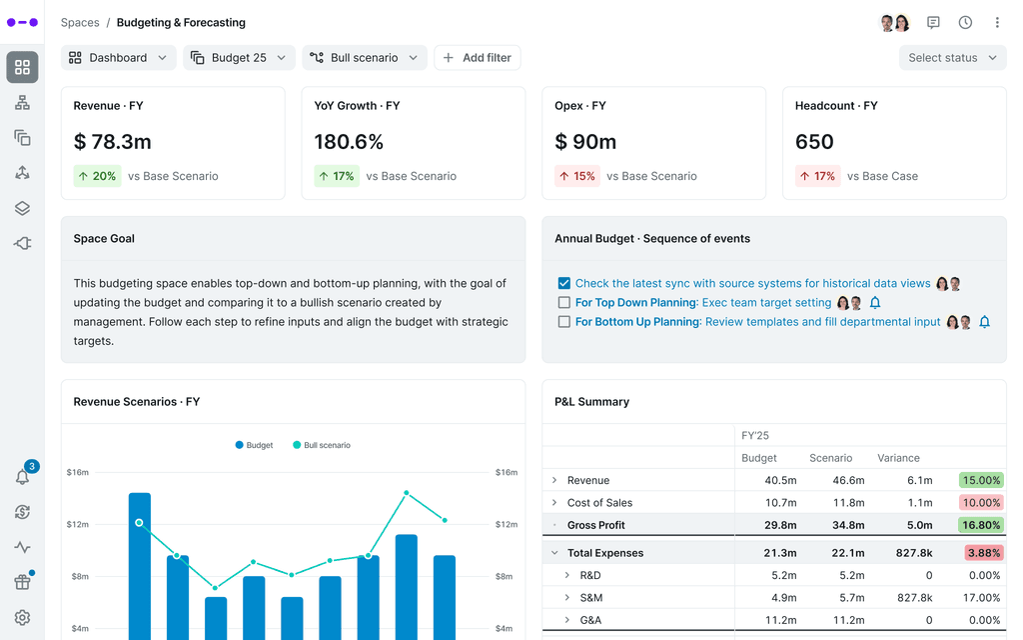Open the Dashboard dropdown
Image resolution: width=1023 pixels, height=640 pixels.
point(118,58)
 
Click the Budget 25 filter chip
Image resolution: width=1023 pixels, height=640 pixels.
point(239,58)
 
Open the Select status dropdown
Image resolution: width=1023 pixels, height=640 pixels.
point(952,58)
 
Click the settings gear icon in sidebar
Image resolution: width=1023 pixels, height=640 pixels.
point(22,618)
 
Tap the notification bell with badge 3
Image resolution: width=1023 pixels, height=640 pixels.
point(22,477)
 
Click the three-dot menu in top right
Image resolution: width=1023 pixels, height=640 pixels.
point(996,22)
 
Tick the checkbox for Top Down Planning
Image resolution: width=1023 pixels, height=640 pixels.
point(564,303)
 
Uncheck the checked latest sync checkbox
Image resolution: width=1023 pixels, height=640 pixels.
point(564,284)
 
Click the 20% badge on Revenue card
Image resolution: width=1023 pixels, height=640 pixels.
point(97,176)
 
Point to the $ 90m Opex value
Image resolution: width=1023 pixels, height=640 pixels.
point(585,142)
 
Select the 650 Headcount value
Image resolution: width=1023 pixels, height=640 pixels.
point(814,142)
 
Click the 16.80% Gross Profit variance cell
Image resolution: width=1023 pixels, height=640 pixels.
point(981,525)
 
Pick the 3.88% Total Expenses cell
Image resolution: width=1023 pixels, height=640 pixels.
point(981,553)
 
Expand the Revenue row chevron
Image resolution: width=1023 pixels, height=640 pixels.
point(554,480)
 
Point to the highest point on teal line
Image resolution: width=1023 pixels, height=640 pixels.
point(407,493)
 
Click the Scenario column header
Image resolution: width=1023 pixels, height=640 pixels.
point(830,458)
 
